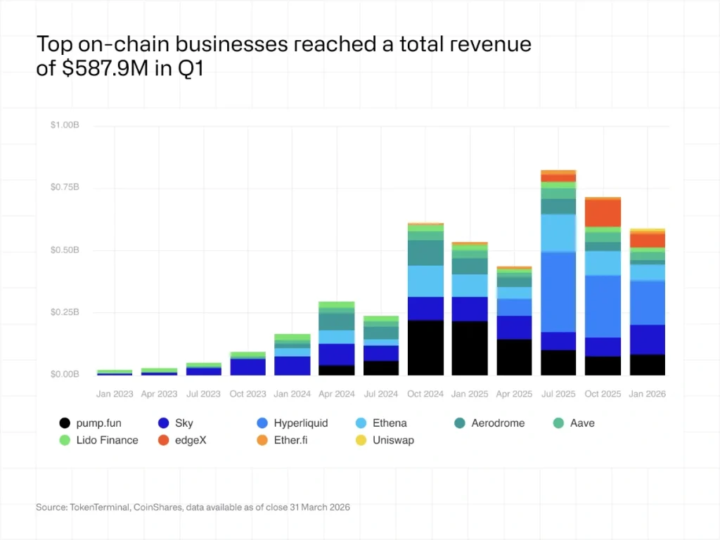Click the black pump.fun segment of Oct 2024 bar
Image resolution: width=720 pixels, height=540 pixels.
click(x=425, y=347)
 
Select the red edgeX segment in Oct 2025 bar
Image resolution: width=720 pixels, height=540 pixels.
click(x=603, y=212)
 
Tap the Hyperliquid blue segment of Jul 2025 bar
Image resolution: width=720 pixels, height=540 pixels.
click(x=558, y=291)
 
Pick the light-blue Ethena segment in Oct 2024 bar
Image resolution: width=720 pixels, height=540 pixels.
click(x=425, y=281)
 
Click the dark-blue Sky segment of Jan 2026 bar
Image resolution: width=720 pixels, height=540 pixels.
click(x=647, y=339)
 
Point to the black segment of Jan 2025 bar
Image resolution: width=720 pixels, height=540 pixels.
click(x=470, y=348)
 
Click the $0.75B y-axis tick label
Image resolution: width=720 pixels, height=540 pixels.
click(x=65, y=188)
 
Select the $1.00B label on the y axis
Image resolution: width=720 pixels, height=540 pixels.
click(x=65, y=125)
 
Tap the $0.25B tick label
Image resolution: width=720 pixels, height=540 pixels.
click(x=65, y=312)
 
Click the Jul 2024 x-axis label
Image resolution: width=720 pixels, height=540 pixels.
click(x=381, y=394)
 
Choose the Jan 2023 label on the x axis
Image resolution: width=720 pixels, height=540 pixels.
click(x=115, y=394)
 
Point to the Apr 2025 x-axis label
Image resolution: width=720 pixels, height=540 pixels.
click(x=514, y=394)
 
